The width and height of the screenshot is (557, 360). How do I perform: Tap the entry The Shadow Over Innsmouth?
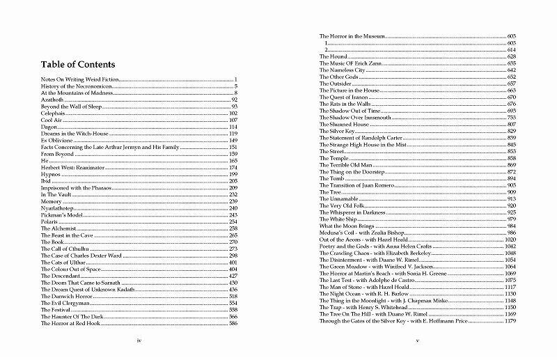(354, 117)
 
